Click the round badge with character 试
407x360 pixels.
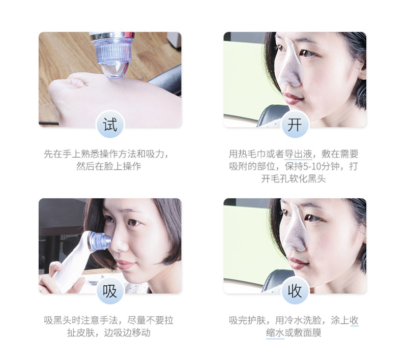click(x=110, y=125)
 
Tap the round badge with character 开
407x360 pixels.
click(x=295, y=125)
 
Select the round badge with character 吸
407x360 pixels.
click(x=110, y=291)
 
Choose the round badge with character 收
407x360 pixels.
click(x=295, y=291)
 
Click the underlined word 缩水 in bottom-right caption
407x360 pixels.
click(x=275, y=333)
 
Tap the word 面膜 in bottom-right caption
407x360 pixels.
click(x=312, y=333)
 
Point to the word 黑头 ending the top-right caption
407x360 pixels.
click(x=317, y=179)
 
